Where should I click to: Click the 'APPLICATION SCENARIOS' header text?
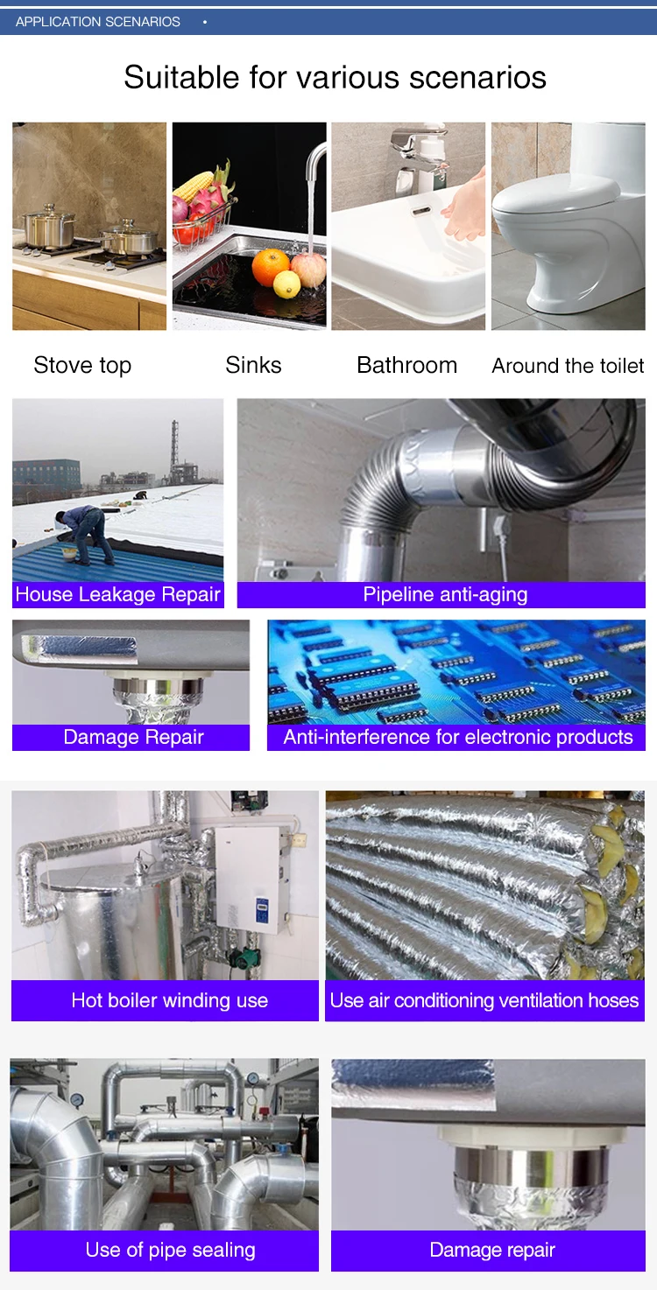point(97,22)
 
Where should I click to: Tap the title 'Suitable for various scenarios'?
point(335,77)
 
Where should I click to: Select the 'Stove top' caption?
point(82,366)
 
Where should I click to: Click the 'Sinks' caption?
point(253,365)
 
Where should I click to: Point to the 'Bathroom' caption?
point(406,365)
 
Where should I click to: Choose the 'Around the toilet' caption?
point(568,366)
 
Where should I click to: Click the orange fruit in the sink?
point(271,267)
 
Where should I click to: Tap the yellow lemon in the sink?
point(286,284)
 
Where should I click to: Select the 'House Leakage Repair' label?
point(117,594)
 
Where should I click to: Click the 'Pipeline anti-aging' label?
point(445,594)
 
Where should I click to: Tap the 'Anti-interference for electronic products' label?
point(457,737)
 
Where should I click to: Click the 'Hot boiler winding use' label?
point(169,1000)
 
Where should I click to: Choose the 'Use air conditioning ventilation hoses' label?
point(484,1000)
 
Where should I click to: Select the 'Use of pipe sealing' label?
point(170,1250)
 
